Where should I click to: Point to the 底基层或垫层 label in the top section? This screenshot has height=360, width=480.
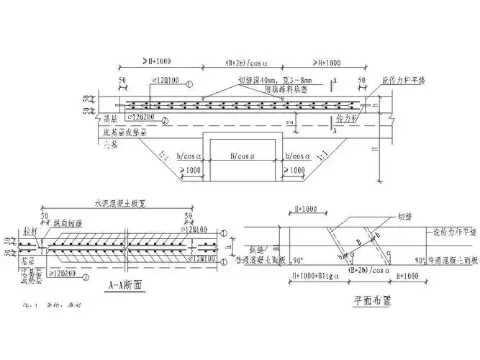124,132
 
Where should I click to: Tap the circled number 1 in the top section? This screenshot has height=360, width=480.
189,83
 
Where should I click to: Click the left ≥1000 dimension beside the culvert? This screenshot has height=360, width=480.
190,171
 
